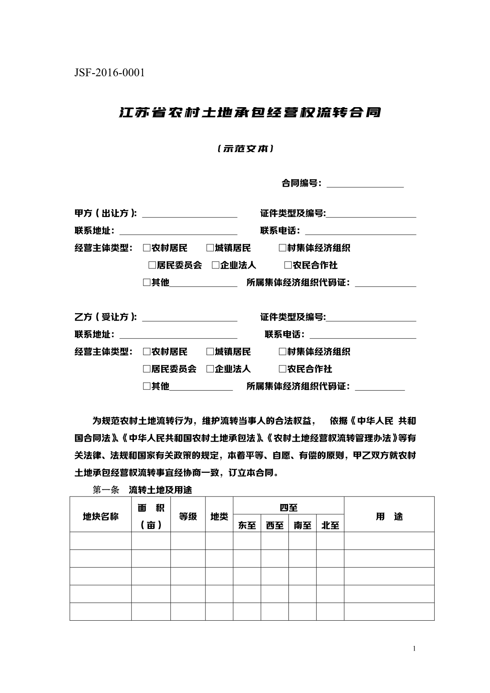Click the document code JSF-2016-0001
click(x=109, y=73)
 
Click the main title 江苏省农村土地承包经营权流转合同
click(x=250, y=113)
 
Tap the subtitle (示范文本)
click(x=245, y=149)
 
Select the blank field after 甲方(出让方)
click(x=189, y=214)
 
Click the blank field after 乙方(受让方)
click(x=189, y=318)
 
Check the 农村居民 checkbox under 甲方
click(x=147, y=248)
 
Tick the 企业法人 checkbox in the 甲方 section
click(x=215, y=265)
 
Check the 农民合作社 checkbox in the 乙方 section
click(x=282, y=369)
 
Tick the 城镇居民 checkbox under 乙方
click(x=210, y=352)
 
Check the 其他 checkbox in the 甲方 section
click(x=147, y=283)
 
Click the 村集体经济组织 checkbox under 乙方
click(x=282, y=352)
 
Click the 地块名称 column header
click(x=100, y=517)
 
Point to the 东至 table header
click(x=247, y=525)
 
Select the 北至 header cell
click(x=330, y=525)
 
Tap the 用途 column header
click(x=389, y=517)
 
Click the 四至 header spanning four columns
click(x=288, y=508)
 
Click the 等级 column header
click(x=188, y=517)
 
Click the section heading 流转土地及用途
click(x=160, y=490)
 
